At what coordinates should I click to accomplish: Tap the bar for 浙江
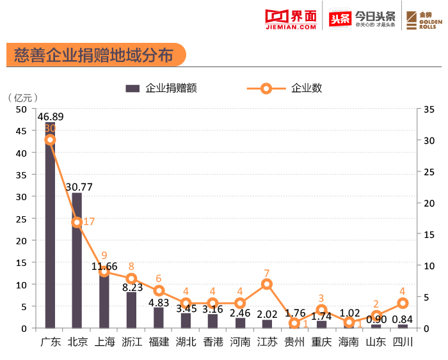pos(131,311)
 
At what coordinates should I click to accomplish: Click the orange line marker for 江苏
pos(267,284)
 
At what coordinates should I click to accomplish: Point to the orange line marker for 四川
pos(403,303)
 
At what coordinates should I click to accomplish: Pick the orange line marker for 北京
pos(77,222)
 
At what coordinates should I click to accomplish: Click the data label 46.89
pos(51,116)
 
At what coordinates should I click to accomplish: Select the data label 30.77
pos(79,187)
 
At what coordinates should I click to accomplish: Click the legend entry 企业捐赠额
pos(161,88)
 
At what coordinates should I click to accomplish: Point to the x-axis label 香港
pos(213,341)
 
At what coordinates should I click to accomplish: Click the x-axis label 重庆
pos(321,341)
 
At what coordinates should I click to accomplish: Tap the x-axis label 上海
pos(104,341)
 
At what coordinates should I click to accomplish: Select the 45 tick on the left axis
pos(21,131)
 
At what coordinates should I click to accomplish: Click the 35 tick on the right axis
pos(429,109)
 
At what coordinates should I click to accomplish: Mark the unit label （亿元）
pos(23,98)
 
